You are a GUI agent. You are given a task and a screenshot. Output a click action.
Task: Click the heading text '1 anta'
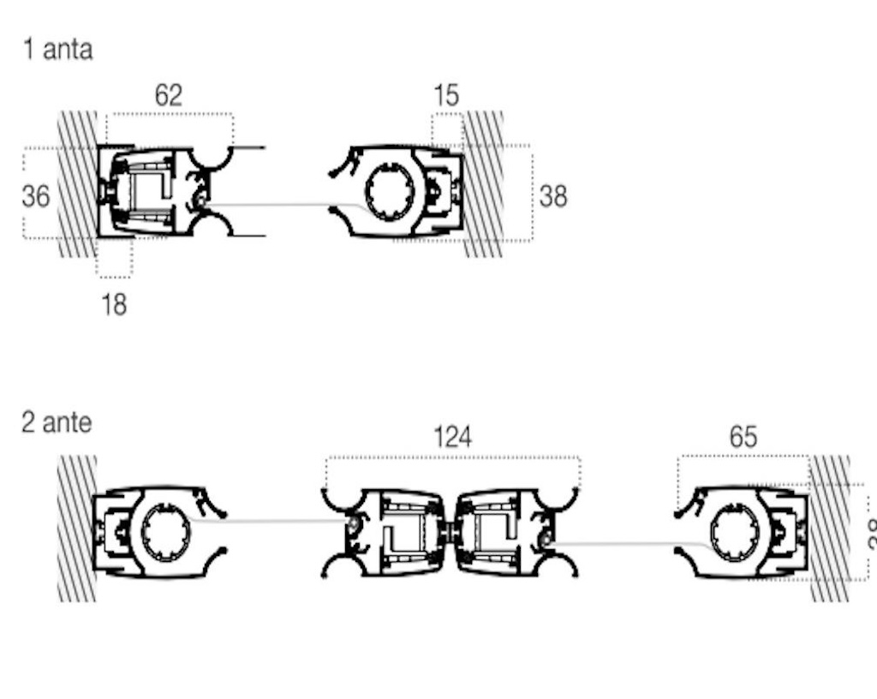tap(57, 49)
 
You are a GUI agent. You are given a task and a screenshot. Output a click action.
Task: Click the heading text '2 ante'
tap(57, 422)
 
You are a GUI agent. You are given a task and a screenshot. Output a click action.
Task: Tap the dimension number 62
tap(169, 95)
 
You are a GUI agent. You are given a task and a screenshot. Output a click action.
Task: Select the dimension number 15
tap(445, 95)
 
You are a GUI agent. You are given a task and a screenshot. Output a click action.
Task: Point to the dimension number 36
tap(36, 196)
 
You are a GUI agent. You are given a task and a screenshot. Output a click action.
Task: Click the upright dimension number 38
tap(553, 196)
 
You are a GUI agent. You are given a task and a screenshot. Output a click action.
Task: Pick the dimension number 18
tap(114, 303)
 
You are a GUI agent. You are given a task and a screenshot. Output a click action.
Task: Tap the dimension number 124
tap(452, 438)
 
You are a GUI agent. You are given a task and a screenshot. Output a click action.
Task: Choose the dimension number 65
tap(743, 437)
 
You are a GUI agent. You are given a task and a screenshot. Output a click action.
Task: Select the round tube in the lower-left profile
tap(165, 532)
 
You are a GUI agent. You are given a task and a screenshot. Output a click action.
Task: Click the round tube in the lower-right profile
tap(734, 532)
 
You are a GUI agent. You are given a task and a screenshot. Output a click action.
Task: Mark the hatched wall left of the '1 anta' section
tap(77, 184)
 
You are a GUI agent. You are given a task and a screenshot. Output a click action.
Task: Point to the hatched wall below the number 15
tap(484, 184)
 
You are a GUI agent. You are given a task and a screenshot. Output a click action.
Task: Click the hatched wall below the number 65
tap(829, 527)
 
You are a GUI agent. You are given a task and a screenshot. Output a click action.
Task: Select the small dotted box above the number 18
tap(114, 258)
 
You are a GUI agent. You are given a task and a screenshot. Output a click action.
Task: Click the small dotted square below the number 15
tap(446, 129)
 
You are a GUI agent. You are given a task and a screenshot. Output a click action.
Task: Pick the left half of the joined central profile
tap(398, 532)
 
